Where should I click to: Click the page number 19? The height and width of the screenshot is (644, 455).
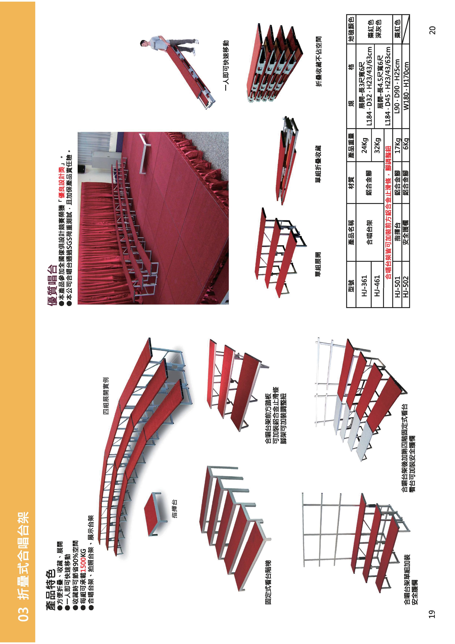[x=432, y=614]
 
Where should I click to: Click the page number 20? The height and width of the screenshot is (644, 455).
[x=432, y=30]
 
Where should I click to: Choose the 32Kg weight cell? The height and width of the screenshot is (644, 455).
[x=377, y=145]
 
